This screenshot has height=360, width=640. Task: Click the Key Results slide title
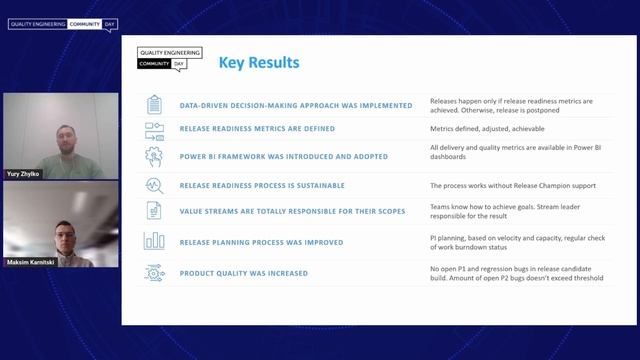[259, 63]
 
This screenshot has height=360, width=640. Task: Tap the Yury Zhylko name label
[25, 173]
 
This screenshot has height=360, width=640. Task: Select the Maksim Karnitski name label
[30, 262]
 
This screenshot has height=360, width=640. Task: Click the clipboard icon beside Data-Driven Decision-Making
[154, 104]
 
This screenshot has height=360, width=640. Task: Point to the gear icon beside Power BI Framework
[154, 156]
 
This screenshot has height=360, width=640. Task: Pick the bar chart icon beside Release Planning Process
[154, 241]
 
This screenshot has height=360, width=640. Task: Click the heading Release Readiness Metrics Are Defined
[257, 129]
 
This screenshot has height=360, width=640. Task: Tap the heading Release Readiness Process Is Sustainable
[262, 185]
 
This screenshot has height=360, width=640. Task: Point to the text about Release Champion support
[499, 185]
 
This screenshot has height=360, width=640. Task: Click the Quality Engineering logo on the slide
[169, 58]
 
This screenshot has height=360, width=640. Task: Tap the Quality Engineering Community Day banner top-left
[61, 22]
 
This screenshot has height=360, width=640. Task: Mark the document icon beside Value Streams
[154, 211]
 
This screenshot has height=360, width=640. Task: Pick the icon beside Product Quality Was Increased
[154, 273]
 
